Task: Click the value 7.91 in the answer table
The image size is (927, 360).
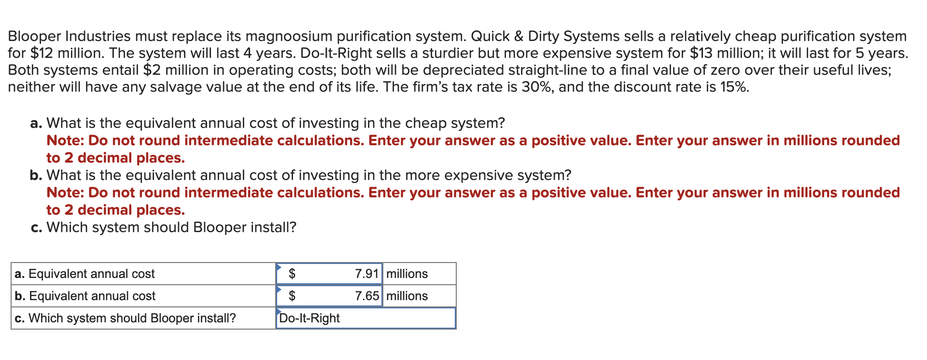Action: point(366,274)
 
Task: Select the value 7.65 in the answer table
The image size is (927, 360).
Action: point(366,296)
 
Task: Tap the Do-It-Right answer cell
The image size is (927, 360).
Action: point(309,318)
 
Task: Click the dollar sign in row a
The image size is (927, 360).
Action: point(292,274)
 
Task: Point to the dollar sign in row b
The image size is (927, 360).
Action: point(292,296)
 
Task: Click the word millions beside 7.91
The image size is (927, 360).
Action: point(407,274)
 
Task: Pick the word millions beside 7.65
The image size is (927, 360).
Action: point(407,296)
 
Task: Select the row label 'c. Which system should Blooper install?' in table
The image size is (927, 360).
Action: point(126,318)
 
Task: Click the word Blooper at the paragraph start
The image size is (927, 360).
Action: point(34,36)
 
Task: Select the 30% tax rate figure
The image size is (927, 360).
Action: point(537,87)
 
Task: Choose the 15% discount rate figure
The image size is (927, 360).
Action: point(734,87)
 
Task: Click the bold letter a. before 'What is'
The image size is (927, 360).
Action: point(36,124)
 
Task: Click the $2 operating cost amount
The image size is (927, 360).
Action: point(152,70)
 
